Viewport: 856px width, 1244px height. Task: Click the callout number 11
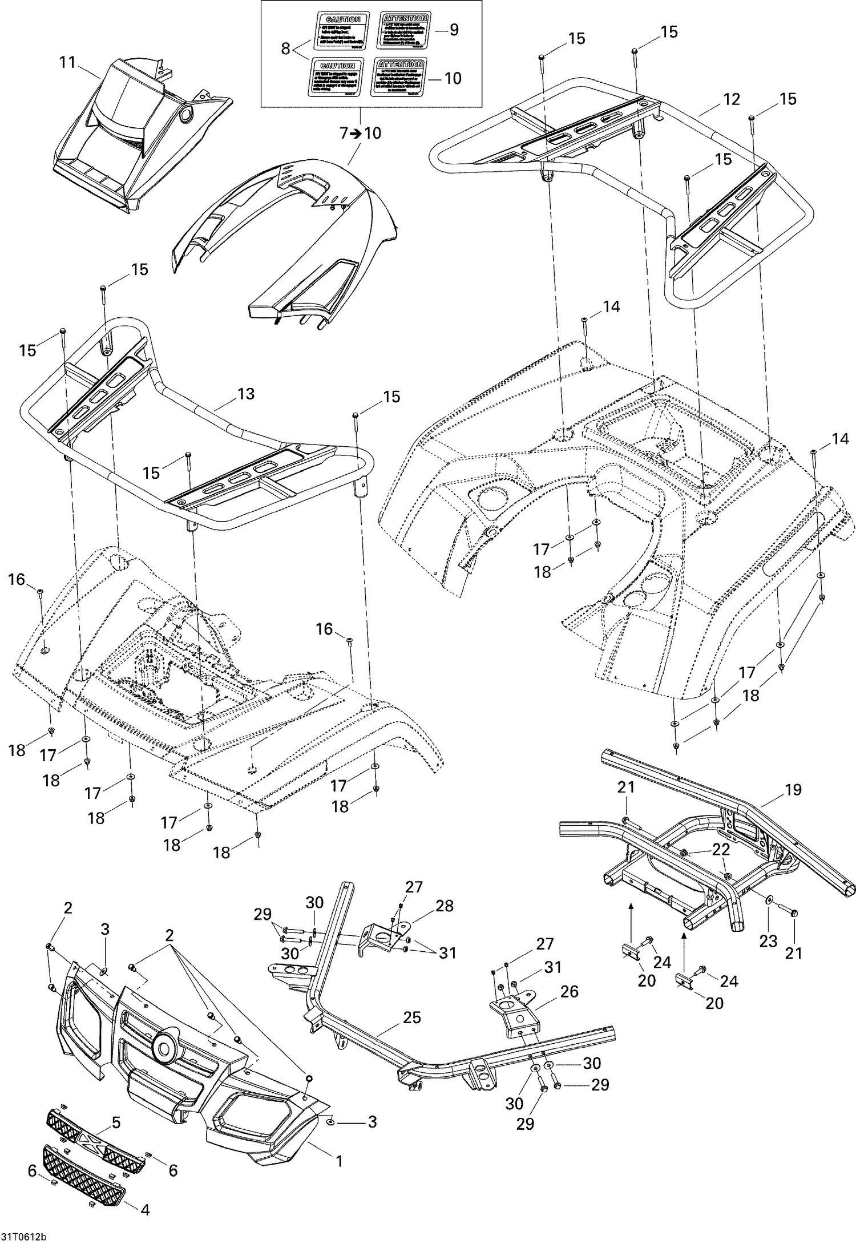click(x=67, y=62)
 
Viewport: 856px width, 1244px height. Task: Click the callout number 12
click(x=731, y=99)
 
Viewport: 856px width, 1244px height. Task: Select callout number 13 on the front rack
click(x=245, y=394)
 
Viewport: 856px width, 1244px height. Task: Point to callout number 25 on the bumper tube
click(x=411, y=1017)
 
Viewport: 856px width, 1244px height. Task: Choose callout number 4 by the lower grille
click(x=145, y=1207)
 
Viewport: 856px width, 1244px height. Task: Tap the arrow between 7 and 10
click(x=356, y=134)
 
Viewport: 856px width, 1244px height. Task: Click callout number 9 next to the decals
click(x=454, y=30)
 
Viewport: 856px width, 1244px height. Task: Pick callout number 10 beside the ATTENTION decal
click(x=453, y=78)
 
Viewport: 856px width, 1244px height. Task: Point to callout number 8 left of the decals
click(x=286, y=49)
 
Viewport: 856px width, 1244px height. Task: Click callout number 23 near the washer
click(x=768, y=941)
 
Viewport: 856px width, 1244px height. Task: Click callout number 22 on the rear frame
click(x=721, y=849)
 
